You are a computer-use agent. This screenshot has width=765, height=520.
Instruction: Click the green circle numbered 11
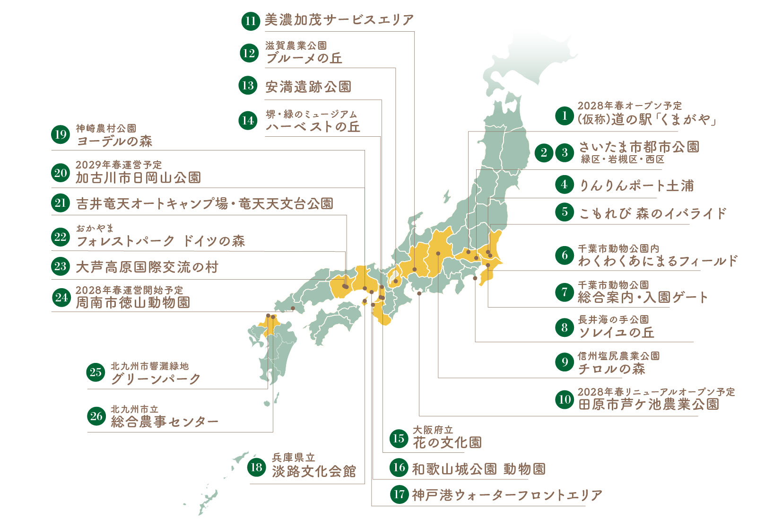pyautogui.click(x=250, y=21)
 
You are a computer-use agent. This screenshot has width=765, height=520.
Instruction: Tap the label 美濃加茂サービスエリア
pyautogui.click(x=339, y=20)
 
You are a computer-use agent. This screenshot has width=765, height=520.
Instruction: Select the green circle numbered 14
pyautogui.click(x=248, y=120)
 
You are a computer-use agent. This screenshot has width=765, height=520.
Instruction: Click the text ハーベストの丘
pyautogui.click(x=313, y=127)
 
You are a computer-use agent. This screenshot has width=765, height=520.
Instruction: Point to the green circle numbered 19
pyautogui.click(x=61, y=135)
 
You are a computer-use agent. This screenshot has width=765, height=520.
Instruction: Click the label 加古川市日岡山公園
pyautogui.click(x=138, y=178)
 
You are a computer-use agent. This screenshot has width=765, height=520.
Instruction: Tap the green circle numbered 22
pyautogui.click(x=61, y=237)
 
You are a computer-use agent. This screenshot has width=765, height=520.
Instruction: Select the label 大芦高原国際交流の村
pyautogui.click(x=147, y=267)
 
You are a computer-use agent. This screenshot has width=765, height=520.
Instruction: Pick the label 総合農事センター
pyautogui.click(x=165, y=422)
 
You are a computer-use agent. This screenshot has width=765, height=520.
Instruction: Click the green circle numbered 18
pyautogui.click(x=256, y=467)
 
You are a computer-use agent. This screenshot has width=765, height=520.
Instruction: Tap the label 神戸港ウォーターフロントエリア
pyautogui.click(x=507, y=495)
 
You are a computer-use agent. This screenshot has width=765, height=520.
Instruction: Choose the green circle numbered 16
pyautogui.click(x=399, y=467)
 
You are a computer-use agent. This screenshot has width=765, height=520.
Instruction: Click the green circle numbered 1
pyautogui.click(x=564, y=115)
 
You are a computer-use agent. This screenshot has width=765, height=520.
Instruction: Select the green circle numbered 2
pyautogui.click(x=544, y=152)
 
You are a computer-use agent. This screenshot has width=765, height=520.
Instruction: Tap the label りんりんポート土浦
pyautogui.click(x=636, y=185)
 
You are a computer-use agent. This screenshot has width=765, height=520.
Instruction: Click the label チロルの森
pyautogui.click(x=611, y=369)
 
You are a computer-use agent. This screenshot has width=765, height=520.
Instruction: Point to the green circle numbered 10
pyautogui.click(x=565, y=399)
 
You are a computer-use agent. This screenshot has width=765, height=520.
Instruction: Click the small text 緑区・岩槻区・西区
pyautogui.click(x=623, y=159)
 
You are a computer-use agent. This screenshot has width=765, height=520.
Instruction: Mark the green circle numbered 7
pyautogui.click(x=564, y=292)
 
